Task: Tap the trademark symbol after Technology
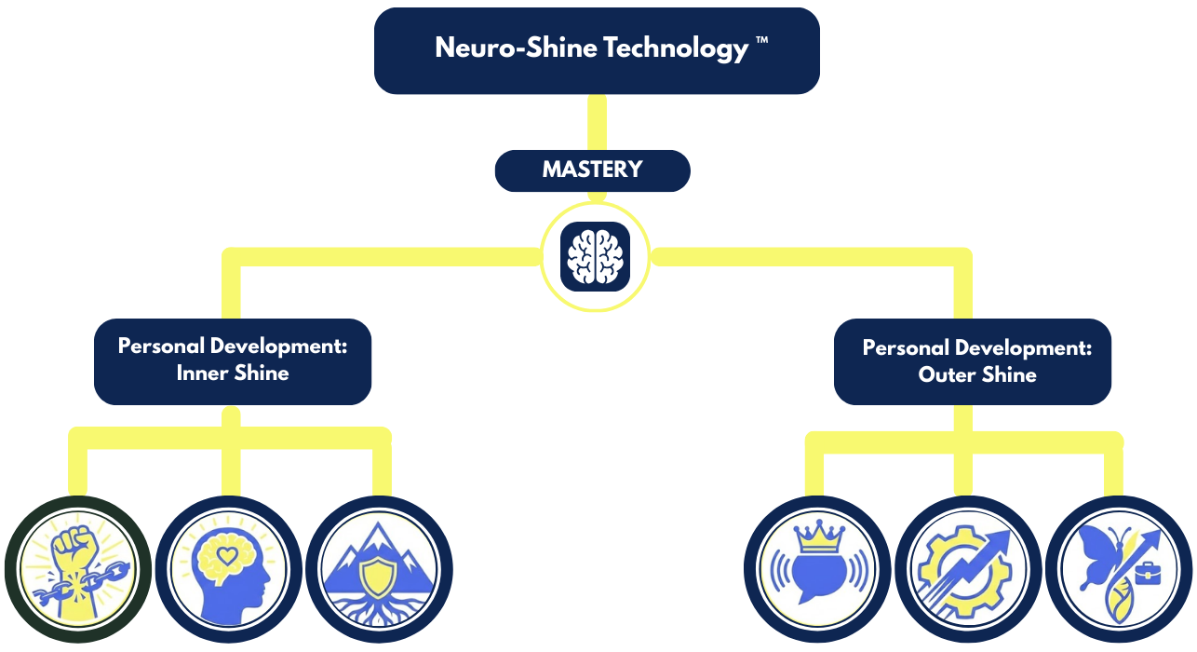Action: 762,43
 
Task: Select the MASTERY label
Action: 592,170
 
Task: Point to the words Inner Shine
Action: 233,374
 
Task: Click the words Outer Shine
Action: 977,375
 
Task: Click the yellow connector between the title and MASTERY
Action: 596,122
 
